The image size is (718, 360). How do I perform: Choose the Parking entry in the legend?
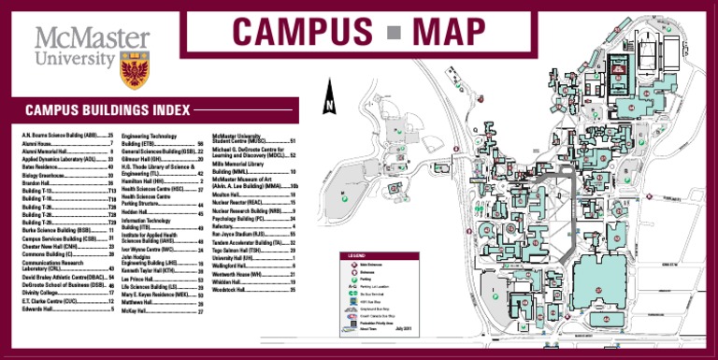pyautogui.click(x=365, y=283)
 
